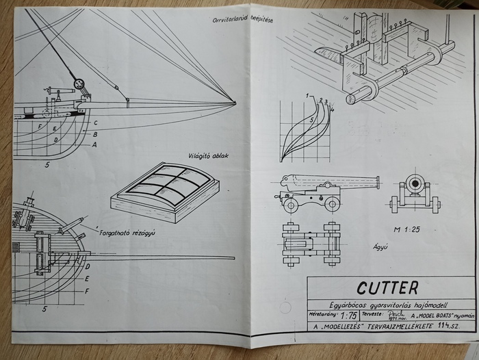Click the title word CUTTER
click(x=387, y=287)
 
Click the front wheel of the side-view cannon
click(x=333, y=204)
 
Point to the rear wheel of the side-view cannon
click(x=292, y=205)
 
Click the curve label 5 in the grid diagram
click(x=313, y=120)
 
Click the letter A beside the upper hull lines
click(x=94, y=144)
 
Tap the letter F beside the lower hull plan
click(x=87, y=291)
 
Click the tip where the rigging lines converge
click(x=235, y=103)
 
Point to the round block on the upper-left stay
click(x=79, y=84)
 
